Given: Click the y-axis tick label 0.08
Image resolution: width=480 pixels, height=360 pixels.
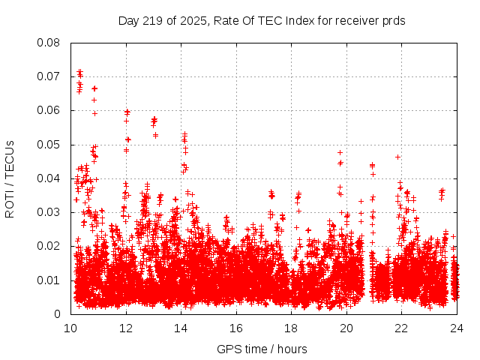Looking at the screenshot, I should coord(49,43).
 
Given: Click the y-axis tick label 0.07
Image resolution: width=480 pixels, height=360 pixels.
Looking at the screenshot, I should coord(49,76).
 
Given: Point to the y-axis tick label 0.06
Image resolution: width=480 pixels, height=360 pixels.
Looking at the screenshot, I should coord(49,110).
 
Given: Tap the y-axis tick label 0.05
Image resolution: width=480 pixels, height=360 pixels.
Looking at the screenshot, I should coord(49,144).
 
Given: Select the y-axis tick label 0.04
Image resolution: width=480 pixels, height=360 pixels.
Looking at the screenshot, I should coord(49,178).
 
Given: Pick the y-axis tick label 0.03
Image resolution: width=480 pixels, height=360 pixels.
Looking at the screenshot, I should coord(49,212).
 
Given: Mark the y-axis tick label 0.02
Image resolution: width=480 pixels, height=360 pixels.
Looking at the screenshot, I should coord(49,246).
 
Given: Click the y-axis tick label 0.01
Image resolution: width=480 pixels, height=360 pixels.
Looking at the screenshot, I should coord(49,280).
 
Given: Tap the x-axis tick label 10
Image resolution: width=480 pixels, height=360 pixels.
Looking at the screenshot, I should coord(70,328).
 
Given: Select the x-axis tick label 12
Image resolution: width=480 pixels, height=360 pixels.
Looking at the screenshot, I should coord(126,328).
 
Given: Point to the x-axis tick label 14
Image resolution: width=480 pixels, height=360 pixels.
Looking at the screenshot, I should coord(181,328).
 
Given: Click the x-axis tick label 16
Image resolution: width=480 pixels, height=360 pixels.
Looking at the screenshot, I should coord(236,328).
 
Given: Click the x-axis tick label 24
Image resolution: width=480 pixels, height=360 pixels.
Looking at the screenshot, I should coord(457,328).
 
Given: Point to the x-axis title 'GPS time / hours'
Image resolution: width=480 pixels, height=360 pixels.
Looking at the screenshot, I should coord(262,349).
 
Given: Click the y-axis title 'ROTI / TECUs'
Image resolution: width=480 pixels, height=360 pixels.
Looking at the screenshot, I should coord(10,178).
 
